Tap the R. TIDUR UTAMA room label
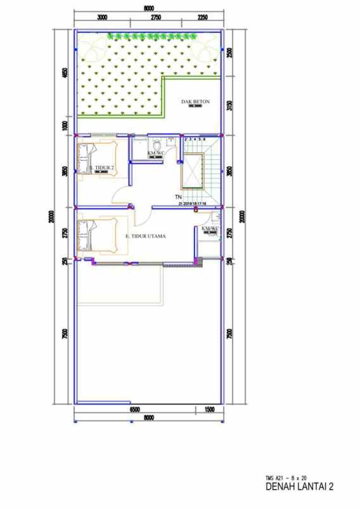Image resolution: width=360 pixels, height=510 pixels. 146,236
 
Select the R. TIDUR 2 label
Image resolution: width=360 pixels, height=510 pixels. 101,167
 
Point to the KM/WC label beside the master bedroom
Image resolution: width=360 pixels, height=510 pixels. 210,228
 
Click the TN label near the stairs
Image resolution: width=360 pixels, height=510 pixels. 179,198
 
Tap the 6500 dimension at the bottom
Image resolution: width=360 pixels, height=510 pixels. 134,410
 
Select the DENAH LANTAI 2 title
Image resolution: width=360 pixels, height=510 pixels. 299,487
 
